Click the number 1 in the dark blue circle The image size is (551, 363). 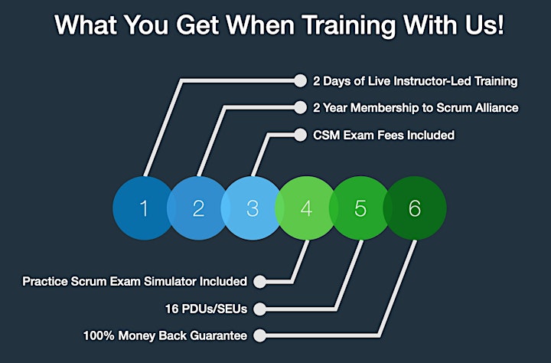[144, 208]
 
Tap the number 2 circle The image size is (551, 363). [198, 208]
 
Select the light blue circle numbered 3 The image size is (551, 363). [253, 208]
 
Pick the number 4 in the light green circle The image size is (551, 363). [306, 208]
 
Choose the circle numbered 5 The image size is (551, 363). [360, 208]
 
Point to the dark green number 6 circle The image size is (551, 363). [415, 208]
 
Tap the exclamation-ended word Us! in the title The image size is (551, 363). [486, 25]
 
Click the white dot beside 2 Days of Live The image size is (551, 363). [300, 80]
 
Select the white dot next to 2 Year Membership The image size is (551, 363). [300, 108]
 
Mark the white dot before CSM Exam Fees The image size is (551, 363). [300, 135]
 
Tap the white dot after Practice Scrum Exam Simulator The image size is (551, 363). [259, 281]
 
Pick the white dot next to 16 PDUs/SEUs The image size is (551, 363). [259, 309]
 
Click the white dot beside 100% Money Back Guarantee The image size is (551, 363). [259, 335]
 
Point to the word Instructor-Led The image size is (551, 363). [432, 81]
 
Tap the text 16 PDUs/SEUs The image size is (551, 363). [207, 309]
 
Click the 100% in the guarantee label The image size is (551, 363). [99, 335]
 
